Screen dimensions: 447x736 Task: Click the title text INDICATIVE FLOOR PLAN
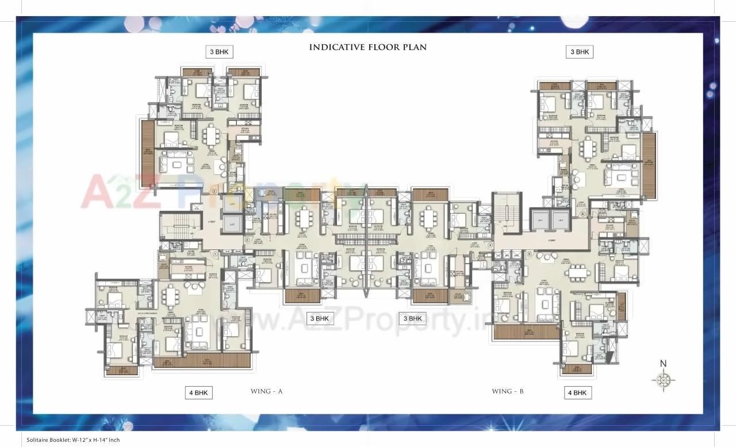[x=368, y=47]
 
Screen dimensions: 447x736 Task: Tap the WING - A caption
[x=267, y=391]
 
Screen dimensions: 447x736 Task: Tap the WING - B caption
[x=507, y=391]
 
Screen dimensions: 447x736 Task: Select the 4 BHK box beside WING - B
[x=577, y=393]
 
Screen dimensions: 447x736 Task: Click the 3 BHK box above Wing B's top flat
[x=579, y=52]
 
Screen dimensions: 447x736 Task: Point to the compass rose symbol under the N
[x=664, y=379]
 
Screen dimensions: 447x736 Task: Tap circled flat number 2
[x=214, y=191]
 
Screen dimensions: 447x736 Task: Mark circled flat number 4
[x=490, y=245]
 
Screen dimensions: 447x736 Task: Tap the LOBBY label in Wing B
[x=551, y=240]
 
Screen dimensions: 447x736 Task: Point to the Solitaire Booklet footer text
[x=73, y=440]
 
